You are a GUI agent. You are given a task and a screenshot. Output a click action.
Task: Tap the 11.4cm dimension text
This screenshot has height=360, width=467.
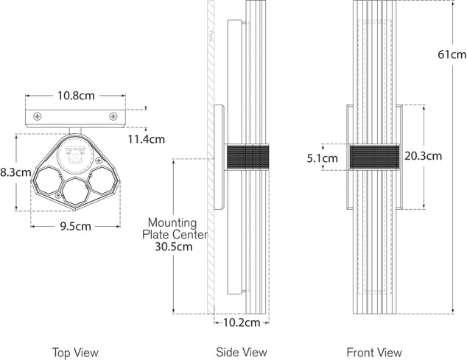click(146, 138)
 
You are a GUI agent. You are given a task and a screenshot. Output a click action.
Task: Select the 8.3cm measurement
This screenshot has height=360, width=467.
click(15, 172)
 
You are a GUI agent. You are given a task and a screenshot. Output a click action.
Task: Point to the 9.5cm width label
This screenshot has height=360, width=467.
click(74, 226)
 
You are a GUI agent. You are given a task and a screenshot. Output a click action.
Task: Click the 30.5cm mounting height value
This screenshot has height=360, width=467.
click(173, 247)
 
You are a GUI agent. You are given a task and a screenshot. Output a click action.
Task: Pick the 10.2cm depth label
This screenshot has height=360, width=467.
click(242, 322)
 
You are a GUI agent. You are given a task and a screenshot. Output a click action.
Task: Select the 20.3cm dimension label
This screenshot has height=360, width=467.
click(423, 155)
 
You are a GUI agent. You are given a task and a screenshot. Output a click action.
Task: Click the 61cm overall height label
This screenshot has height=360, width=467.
click(451, 54)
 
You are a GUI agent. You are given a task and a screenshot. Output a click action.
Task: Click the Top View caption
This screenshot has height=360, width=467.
click(74, 353)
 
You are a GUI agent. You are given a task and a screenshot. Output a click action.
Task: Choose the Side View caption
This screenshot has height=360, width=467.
click(242, 353)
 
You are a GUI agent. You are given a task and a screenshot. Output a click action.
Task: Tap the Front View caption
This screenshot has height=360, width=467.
click(376, 353)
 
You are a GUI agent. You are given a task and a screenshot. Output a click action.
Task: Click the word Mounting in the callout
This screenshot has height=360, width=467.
click(172, 222)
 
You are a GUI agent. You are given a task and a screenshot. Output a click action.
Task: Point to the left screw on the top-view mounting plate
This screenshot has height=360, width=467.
click(35, 116)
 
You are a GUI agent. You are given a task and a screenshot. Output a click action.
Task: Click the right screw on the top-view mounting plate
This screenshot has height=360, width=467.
click(113, 116)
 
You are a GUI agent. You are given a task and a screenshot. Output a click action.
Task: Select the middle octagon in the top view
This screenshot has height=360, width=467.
click(74, 190)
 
